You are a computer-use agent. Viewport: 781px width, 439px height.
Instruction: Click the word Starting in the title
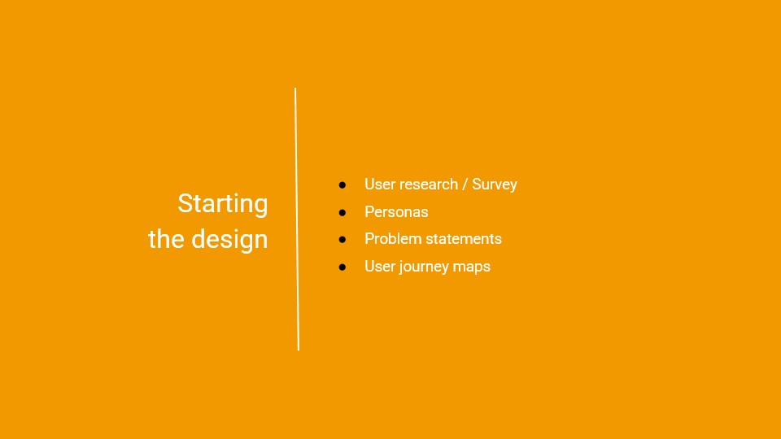click(x=223, y=204)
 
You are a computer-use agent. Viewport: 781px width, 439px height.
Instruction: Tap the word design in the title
click(x=229, y=240)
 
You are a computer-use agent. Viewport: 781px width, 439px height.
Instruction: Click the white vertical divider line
click(x=297, y=219)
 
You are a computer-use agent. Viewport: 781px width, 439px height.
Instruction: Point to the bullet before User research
click(x=343, y=185)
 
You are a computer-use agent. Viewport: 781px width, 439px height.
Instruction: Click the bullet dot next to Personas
click(x=343, y=212)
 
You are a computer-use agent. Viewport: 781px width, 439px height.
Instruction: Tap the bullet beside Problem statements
click(x=343, y=239)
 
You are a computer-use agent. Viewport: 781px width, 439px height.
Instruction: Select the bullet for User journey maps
click(x=343, y=267)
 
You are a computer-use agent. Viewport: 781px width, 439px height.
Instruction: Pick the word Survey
click(x=495, y=185)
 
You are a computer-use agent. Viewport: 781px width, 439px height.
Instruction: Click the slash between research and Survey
click(x=465, y=185)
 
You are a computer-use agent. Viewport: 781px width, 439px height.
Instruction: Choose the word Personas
click(x=396, y=212)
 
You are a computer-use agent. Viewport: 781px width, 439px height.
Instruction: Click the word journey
click(x=424, y=267)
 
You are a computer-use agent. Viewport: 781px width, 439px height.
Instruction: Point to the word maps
click(x=472, y=267)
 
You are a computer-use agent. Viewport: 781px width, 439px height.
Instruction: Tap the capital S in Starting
click(x=185, y=203)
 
